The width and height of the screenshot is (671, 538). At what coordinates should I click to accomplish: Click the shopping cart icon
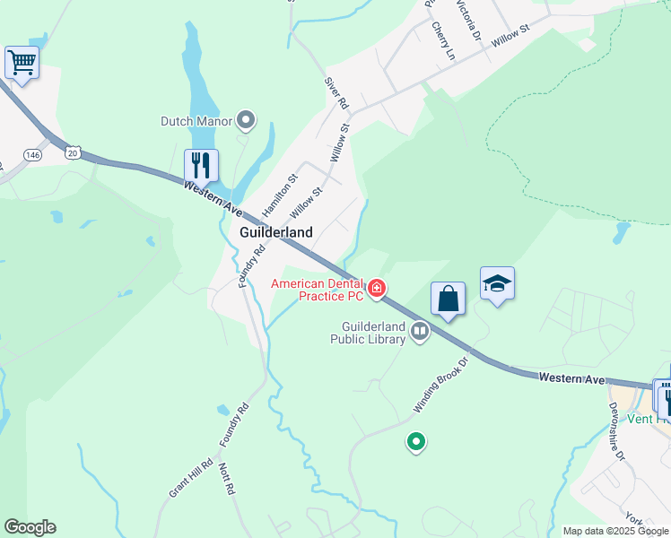click(22, 63)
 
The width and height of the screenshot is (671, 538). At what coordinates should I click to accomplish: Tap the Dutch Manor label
click(196, 121)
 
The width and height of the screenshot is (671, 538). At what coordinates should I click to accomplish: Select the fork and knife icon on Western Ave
click(201, 165)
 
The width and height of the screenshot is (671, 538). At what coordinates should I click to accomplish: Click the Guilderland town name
click(276, 232)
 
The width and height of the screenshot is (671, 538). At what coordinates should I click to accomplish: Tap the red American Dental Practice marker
click(378, 288)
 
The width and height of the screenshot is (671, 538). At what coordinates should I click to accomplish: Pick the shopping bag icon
click(448, 299)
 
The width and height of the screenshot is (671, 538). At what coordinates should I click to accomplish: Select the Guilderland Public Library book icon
click(419, 333)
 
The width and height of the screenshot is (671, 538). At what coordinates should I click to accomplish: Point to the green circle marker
click(415, 441)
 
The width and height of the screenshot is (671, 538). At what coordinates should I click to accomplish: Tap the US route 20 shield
click(73, 153)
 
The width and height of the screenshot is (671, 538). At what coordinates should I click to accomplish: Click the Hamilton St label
click(278, 195)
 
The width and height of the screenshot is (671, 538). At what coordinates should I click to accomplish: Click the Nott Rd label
click(227, 479)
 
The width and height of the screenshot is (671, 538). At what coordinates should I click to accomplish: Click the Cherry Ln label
click(443, 40)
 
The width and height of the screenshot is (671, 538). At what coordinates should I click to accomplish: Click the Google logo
click(30, 527)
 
